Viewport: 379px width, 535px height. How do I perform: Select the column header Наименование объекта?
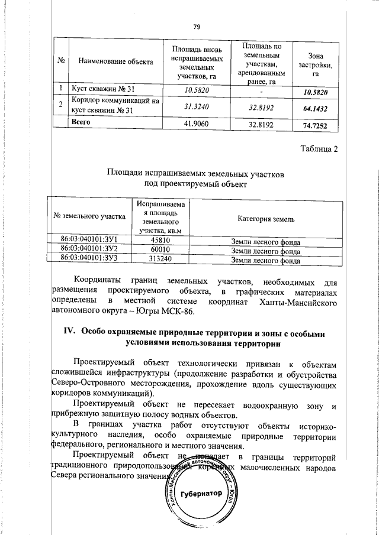click(111, 62)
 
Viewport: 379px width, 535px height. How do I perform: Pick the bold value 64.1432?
click(315, 109)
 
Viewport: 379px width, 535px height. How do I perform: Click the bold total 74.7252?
click(315, 125)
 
